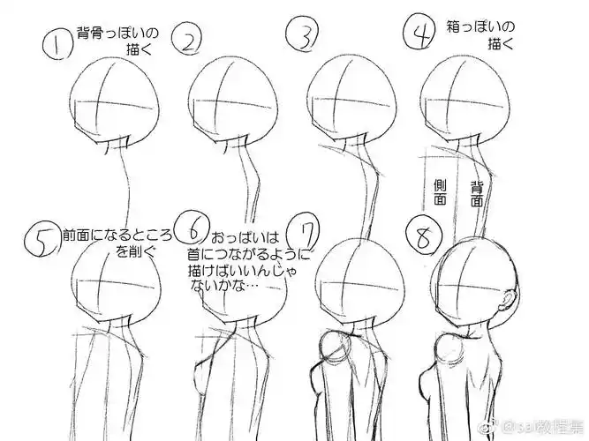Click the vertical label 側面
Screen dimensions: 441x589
pyautogui.click(x=439, y=193)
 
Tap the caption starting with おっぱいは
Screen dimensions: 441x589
pyautogui.click(x=247, y=260)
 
